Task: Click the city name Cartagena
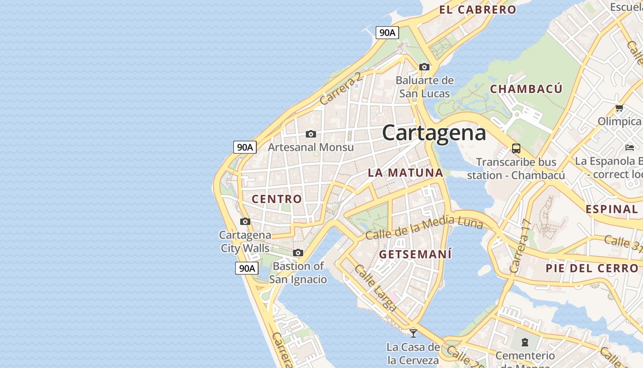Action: [x=434, y=133]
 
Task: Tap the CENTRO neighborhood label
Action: [x=277, y=199]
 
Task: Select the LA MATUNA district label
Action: [x=406, y=173]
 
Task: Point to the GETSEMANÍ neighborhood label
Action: [x=415, y=254]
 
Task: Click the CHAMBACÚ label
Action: [x=526, y=89]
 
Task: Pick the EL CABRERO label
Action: [x=478, y=10]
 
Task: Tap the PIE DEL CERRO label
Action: [x=592, y=268]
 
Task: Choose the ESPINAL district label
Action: [x=611, y=209]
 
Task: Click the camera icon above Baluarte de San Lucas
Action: [x=424, y=67]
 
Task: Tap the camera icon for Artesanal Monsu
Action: [x=311, y=134]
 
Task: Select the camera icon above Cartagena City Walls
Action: [x=245, y=222]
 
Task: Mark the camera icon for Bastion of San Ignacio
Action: [x=298, y=253]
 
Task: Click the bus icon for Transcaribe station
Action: [x=516, y=149]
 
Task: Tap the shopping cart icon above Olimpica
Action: [x=619, y=109]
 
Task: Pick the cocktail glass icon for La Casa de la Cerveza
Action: [x=413, y=333]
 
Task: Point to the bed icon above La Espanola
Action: [x=630, y=148]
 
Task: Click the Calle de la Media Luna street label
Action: [x=424, y=228]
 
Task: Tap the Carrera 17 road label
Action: [x=521, y=246]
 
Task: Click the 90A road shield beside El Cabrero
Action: [x=387, y=33]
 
